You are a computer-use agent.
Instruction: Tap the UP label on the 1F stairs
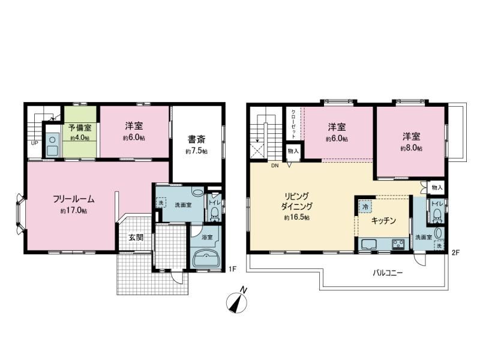[34, 143]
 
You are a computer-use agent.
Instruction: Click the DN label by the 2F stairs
[275, 166]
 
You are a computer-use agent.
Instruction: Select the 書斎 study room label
[197, 140]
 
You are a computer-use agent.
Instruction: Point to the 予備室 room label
[80, 127]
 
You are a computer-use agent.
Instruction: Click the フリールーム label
[73, 199]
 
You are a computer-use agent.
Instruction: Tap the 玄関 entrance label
[136, 238]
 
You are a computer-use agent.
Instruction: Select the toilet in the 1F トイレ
[215, 214]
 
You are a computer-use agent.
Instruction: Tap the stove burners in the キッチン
[398, 244]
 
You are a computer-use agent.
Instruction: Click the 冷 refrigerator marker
[365, 206]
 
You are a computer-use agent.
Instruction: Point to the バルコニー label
[388, 273]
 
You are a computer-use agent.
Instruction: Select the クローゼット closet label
[293, 124]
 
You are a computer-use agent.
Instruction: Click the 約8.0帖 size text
[412, 148]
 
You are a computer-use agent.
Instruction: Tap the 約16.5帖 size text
[296, 218]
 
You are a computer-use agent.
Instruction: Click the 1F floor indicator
[233, 269]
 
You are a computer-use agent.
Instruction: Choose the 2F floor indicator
[455, 253]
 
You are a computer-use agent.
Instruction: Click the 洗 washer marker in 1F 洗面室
[161, 203]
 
